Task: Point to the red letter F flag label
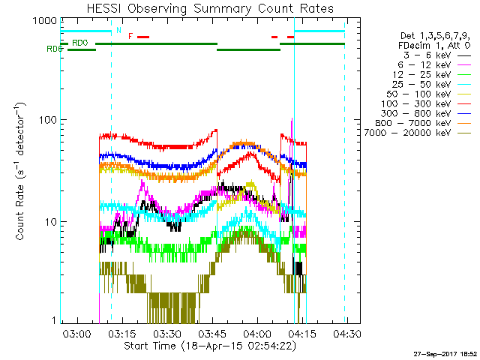[x=130, y=36]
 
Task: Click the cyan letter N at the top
[x=118, y=30]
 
